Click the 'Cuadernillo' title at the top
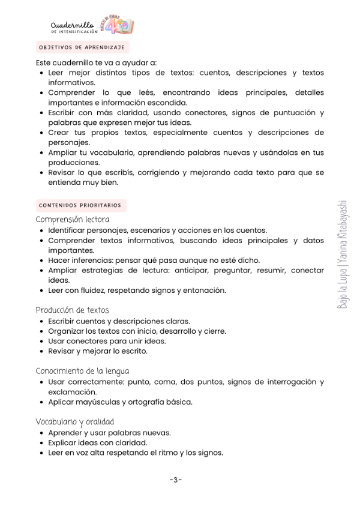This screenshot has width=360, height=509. [72, 25]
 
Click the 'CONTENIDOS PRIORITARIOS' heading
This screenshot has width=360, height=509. [80, 205]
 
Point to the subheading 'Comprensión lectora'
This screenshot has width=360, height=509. [73, 220]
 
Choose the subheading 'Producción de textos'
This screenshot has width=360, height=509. [72, 310]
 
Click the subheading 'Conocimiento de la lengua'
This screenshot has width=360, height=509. [82, 371]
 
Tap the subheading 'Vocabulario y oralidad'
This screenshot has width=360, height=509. [75, 421]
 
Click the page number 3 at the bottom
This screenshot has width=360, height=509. [175, 480]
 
